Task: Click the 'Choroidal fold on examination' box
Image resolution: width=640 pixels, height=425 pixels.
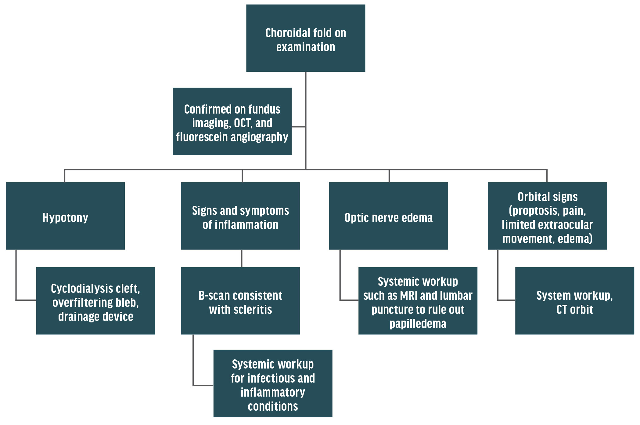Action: [x=305, y=38]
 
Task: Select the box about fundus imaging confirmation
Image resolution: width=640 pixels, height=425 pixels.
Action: [x=232, y=121]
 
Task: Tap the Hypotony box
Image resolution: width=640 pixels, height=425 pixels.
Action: [x=65, y=216]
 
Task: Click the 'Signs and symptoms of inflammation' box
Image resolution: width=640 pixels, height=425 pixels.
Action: [x=240, y=216]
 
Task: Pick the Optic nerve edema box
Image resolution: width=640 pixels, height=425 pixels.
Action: [x=388, y=216]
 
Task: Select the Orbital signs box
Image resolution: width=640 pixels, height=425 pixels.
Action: [x=547, y=216]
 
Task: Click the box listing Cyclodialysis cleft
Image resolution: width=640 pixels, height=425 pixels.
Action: [x=95, y=301]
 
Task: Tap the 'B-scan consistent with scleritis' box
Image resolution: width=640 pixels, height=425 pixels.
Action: [x=240, y=301]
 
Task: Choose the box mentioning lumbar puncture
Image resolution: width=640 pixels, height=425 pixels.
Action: [x=418, y=301]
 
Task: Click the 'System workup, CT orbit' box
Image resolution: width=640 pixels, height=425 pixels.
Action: [x=574, y=301]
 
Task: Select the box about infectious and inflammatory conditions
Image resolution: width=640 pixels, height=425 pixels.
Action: [x=273, y=383]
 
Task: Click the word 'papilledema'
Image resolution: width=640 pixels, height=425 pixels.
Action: [x=418, y=324]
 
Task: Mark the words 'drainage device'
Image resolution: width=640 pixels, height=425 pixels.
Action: [x=95, y=317]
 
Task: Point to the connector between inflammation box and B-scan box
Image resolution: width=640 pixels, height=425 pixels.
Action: [x=242, y=258]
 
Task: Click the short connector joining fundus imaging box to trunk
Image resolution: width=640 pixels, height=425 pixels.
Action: [x=298, y=126]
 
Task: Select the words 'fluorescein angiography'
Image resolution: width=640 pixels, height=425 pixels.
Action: [x=232, y=137]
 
